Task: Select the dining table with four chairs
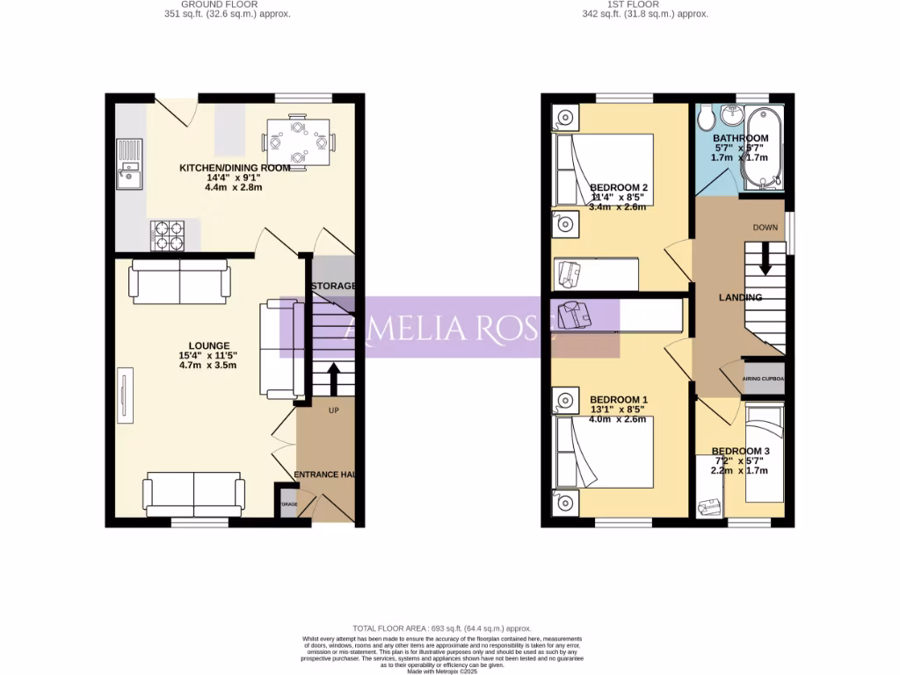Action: (299, 142)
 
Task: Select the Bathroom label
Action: (740, 138)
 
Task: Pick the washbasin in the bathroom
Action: (729, 117)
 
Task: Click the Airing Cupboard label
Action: (764, 379)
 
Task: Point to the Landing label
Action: (740, 297)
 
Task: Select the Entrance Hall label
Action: (324, 475)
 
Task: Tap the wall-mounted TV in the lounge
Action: (124, 395)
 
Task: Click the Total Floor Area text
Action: (442, 628)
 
